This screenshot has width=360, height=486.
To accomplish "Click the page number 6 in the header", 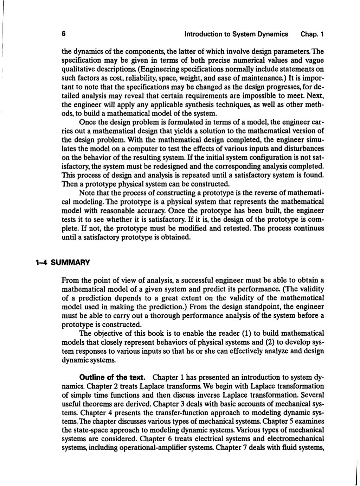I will pos(64,34).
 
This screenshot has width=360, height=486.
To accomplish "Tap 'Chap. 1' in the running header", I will pos(312,34).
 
